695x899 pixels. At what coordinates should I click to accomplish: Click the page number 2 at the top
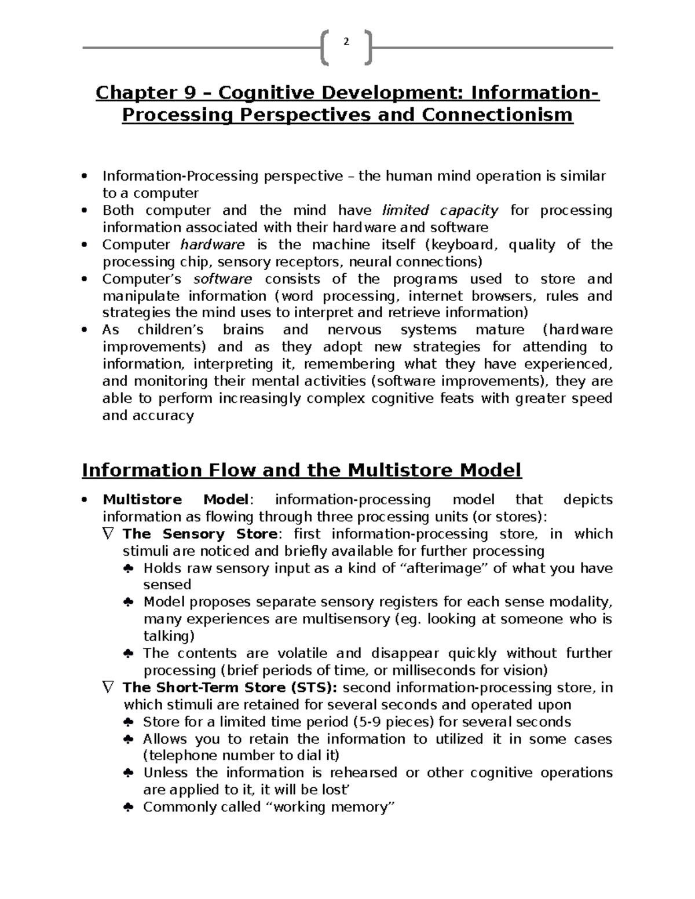coord(346,42)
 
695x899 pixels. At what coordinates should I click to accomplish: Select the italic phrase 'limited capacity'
coord(440,210)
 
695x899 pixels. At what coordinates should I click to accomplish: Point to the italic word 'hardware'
coord(213,244)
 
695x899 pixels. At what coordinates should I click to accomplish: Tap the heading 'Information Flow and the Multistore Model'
coord(302,469)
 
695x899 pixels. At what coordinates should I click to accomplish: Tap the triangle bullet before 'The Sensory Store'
coord(108,534)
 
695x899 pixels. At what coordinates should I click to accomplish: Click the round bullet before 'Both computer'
coord(85,211)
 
